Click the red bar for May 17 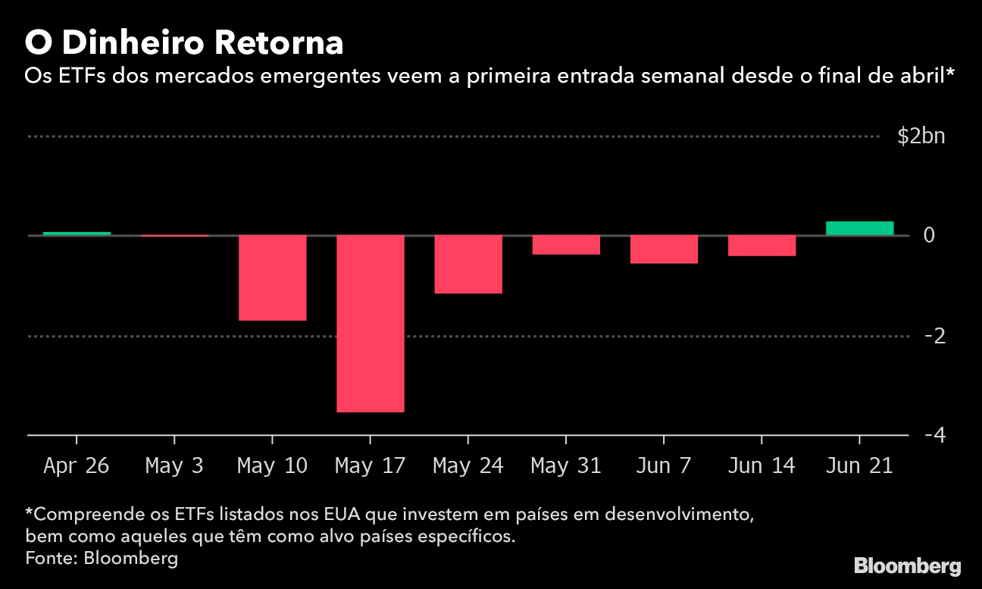tap(371, 324)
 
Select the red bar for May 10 tap(273, 278)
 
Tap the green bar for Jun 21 tap(859, 228)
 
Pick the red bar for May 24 tap(468, 265)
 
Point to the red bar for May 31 tap(566, 245)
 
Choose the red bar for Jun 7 tap(664, 249)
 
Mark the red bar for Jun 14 tap(762, 246)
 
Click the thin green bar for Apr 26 tap(77, 233)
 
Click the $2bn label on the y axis tap(921, 136)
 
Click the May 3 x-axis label tap(174, 465)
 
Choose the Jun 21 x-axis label tap(859, 465)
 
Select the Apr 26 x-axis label tap(77, 465)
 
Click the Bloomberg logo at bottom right tap(907, 566)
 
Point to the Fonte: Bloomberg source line tap(102, 559)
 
